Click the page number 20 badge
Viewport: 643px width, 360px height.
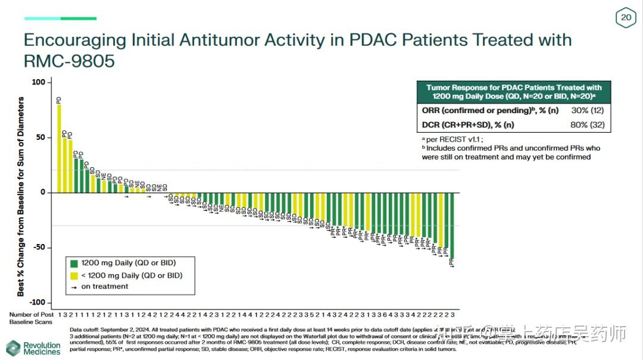(x=626, y=18)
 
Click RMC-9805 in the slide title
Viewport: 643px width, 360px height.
(x=69, y=61)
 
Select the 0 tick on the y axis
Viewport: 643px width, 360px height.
(x=42, y=192)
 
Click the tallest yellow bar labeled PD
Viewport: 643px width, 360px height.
(x=59, y=149)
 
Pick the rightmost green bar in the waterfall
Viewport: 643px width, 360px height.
(x=452, y=226)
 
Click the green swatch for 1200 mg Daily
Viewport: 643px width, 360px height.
(x=74, y=263)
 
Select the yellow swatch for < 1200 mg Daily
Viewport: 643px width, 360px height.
(x=74, y=276)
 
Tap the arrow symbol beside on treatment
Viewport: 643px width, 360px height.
(x=74, y=287)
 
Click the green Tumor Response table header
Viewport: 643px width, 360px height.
(x=514, y=92)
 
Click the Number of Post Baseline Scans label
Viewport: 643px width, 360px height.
(x=31, y=318)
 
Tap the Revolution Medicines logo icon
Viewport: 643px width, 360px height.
(x=13, y=348)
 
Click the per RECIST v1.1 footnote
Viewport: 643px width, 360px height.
(x=449, y=139)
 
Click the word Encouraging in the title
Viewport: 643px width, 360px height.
(x=75, y=40)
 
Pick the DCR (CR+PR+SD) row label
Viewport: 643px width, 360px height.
(x=468, y=124)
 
